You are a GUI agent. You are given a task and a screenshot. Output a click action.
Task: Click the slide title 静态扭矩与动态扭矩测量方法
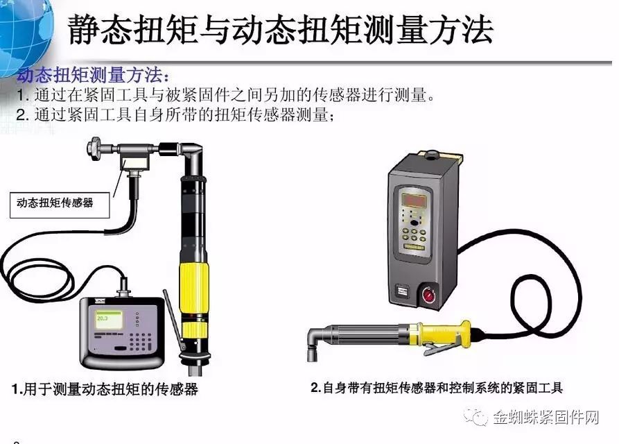pos(279,30)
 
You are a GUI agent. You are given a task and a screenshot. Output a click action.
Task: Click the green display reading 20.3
pos(103,318)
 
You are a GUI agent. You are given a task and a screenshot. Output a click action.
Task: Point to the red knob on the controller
pos(428,295)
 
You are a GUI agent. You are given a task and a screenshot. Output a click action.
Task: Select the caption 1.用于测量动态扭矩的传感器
pos(105,389)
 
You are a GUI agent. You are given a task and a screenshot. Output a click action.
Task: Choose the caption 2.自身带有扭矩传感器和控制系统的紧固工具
pos(437,388)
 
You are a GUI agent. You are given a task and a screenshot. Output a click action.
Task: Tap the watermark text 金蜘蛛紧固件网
pos(546,417)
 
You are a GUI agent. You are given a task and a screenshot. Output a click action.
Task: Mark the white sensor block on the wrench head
pos(134,163)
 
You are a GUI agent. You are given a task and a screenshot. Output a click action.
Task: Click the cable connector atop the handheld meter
pos(124,289)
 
